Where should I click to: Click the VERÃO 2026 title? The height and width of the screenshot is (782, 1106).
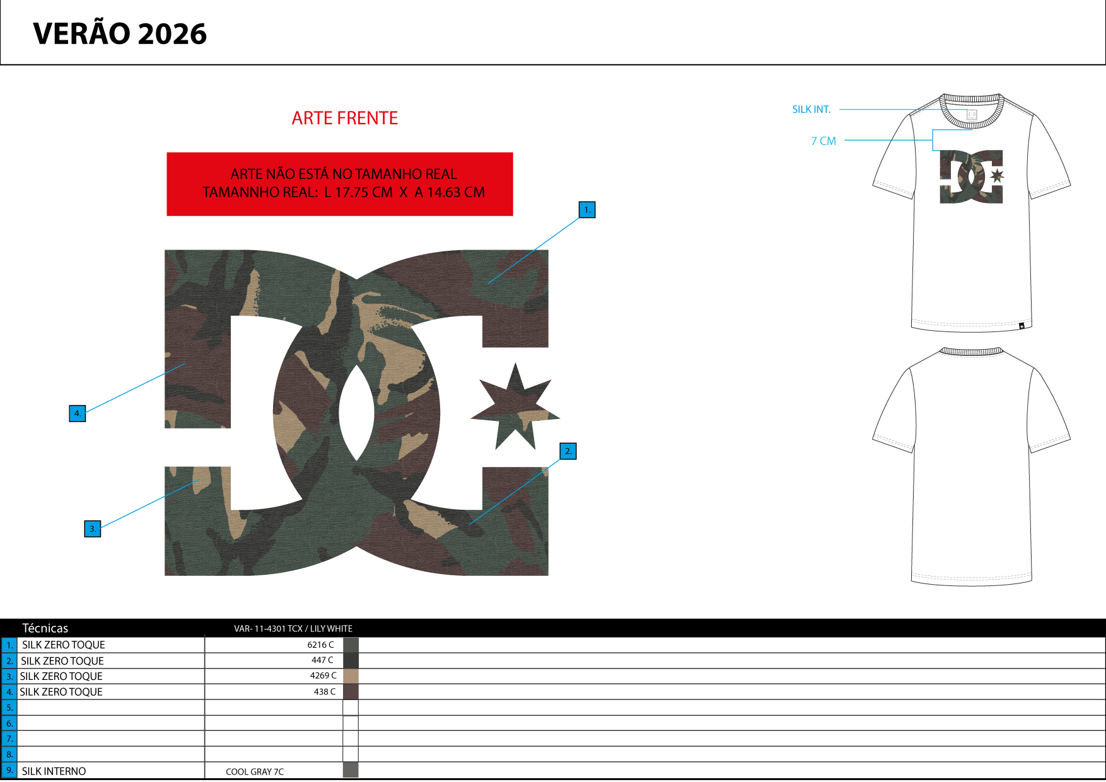coord(120,33)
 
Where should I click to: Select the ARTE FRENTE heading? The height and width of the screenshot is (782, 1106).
coord(345,118)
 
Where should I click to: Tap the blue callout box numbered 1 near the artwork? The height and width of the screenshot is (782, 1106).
coord(587,210)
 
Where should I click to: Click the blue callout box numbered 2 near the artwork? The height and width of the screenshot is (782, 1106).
coord(568,451)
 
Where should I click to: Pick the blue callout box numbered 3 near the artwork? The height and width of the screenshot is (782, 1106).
coord(93,529)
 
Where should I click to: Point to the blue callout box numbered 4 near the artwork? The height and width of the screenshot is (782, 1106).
coord(78,413)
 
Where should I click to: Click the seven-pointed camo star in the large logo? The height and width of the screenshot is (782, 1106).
coord(515,406)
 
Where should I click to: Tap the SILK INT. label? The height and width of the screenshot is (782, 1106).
coord(812,110)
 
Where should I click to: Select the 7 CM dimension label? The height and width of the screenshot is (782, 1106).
coord(824,141)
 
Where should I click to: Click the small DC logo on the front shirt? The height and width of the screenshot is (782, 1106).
coord(972,177)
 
